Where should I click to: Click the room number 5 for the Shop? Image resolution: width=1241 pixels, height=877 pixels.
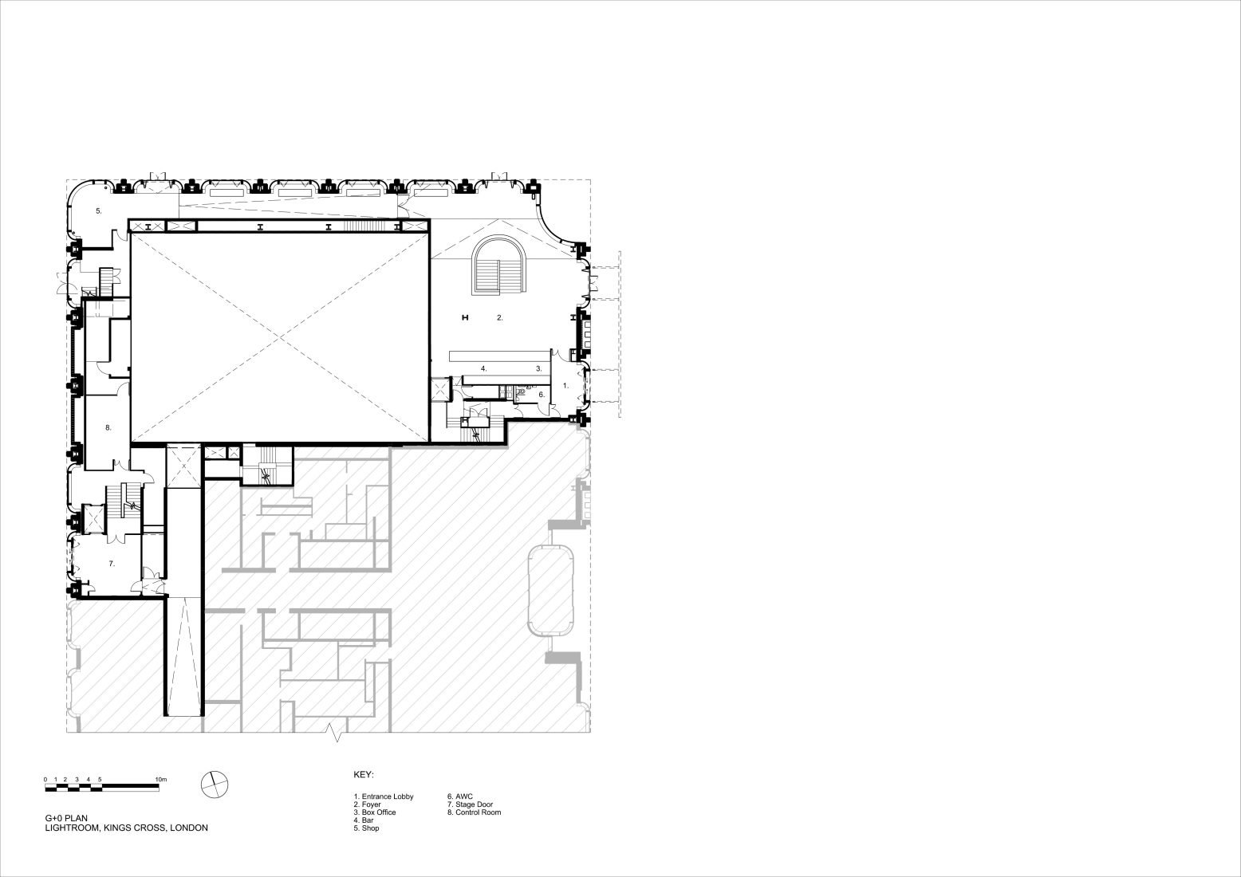pos(99,211)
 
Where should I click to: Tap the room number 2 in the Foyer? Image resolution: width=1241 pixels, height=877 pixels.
pos(500,318)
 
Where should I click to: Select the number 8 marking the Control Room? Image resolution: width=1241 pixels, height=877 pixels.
pos(108,427)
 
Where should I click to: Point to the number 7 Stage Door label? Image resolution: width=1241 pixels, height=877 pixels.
pos(112,564)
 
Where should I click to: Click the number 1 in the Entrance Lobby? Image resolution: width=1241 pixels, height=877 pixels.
pos(565,385)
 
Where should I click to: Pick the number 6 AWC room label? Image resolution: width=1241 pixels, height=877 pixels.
pos(542,395)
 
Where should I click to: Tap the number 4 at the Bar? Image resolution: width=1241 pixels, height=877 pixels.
pos(483,368)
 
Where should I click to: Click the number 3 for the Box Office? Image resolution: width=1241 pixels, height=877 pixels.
pos(538,368)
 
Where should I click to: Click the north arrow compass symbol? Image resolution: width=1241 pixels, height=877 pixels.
pos(215,785)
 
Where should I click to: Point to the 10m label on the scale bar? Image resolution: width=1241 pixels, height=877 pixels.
pos(160,780)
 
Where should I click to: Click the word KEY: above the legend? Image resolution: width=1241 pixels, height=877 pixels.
pos(364,775)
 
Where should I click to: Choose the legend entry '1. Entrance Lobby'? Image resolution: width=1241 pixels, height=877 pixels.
pos(384,796)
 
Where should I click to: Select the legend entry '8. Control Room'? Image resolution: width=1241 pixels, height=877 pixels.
pos(475,812)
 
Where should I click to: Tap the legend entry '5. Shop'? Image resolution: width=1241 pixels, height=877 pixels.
pos(366,828)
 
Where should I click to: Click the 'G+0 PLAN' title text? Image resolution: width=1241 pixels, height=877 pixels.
pos(66,818)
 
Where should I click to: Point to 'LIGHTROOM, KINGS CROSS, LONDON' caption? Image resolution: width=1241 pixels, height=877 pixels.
pos(127,828)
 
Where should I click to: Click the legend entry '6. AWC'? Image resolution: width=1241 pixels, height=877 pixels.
pos(460,796)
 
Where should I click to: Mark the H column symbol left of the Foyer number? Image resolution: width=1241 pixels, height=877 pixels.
pos(466,318)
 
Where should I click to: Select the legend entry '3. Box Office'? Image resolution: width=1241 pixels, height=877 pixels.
pos(375,812)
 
